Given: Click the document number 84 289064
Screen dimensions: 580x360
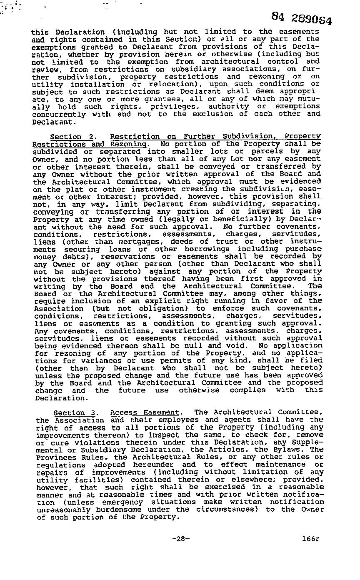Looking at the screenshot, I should click(x=302, y=18).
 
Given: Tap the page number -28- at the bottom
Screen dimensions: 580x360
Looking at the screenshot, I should click(x=180, y=538).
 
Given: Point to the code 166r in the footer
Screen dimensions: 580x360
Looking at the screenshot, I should click(x=311, y=538).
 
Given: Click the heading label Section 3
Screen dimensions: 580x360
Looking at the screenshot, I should click(x=75, y=412).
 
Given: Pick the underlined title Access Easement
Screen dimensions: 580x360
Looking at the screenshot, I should click(x=145, y=412).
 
